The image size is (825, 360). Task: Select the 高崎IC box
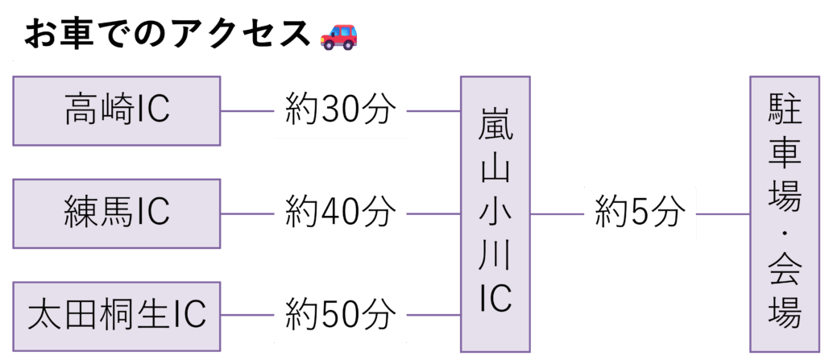pyautogui.click(x=117, y=111)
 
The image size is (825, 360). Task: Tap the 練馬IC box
pyautogui.click(x=117, y=213)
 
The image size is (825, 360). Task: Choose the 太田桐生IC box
pyautogui.click(x=117, y=316)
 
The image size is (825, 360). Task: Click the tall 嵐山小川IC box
pyautogui.click(x=495, y=213)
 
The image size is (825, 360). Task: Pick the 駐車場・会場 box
pyautogui.click(x=785, y=213)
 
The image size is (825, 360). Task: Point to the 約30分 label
pyautogui.click(x=340, y=111)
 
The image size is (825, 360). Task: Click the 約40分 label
pyautogui.click(x=340, y=213)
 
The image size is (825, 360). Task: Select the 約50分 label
pyautogui.click(x=340, y=315)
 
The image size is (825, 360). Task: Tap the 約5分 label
pyautogui.click(x=640, y=213)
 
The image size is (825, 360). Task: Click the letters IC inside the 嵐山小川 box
pyautogui.click(x=495, y=299)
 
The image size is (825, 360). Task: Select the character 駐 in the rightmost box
pyautogui.click(x=785, y=111)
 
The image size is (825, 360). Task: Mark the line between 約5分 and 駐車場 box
pyautogui.click(x=723, y=214)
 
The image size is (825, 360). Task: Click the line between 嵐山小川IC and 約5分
pyautogui.click(x=557, y=214)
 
